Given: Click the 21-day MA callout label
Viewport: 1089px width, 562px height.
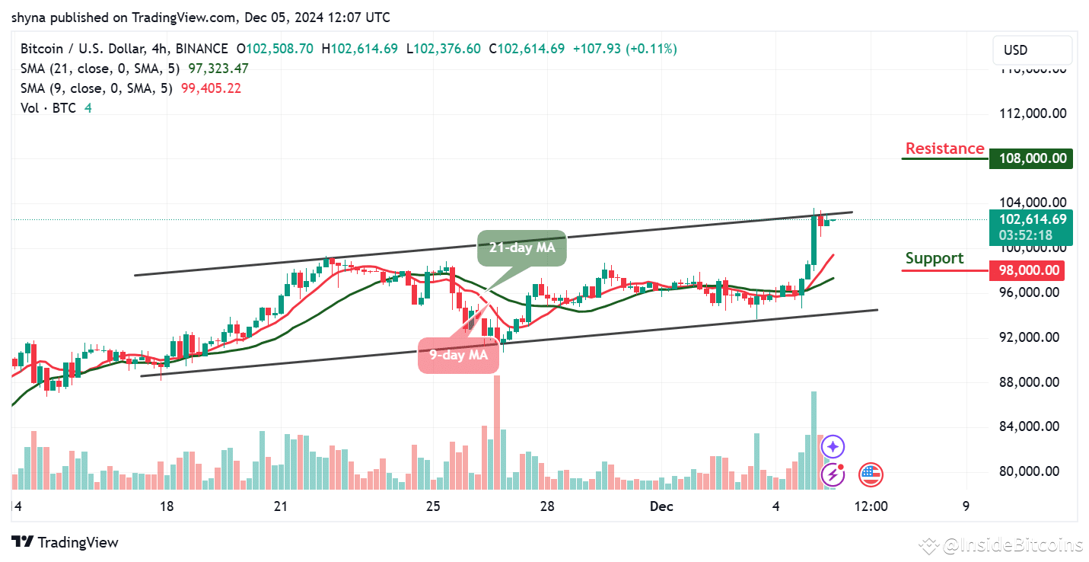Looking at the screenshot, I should point(522,247).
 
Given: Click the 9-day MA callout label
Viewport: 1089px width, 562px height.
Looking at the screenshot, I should point(458,354).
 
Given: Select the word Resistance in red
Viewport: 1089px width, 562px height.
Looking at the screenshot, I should point(944,148).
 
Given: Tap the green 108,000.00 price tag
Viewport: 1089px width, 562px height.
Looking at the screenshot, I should point(1030,158).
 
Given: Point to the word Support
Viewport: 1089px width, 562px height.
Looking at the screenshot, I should point(935,258).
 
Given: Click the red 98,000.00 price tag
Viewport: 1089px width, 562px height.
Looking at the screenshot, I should point(1030,270).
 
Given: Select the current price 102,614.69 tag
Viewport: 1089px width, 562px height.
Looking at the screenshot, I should point(1030,219).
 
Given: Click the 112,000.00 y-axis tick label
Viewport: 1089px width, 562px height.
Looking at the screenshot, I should point(1032,113).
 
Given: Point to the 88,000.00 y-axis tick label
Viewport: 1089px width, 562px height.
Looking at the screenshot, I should point(1032,382).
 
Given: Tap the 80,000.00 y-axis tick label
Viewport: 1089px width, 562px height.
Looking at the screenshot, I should point(1032,471).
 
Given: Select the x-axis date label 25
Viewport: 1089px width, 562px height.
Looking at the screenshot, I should point(433,506).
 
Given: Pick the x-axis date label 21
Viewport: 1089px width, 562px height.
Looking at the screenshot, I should point(280,506).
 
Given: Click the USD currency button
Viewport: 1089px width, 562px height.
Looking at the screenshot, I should point(1016,50).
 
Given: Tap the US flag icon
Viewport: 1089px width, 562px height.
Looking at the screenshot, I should point(871,474).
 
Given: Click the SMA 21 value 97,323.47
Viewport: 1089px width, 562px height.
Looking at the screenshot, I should point(215,69).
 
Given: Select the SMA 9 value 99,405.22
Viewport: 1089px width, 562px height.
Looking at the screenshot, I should point(211,88).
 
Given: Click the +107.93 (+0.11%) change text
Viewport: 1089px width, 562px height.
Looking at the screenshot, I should point(624,49).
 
